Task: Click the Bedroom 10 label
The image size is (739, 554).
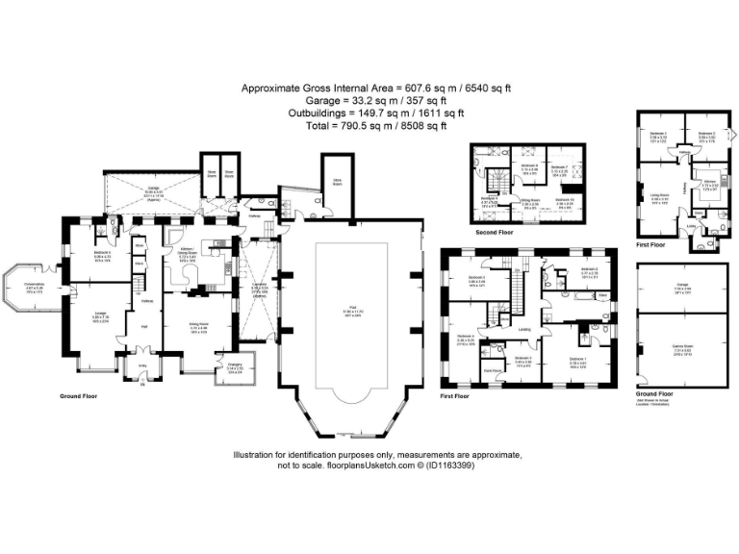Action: (x=566, y=201)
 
